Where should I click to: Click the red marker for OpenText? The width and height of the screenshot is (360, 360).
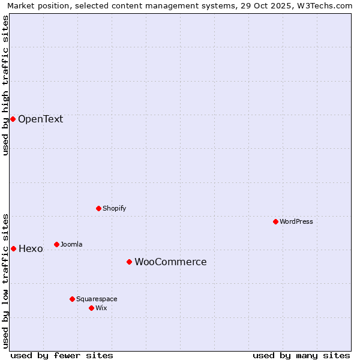[x=13, y=119]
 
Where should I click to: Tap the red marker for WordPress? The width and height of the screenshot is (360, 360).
[x=275, y=221]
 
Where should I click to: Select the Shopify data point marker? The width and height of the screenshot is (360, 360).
[x=98, y=208]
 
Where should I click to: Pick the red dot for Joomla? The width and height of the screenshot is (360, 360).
[x=56, y=244]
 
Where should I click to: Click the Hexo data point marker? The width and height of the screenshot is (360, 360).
[x=13, y=248]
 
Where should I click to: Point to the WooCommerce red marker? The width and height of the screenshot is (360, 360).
[x=129, y=262]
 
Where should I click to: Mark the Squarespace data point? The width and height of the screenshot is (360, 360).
[x=72, y=299]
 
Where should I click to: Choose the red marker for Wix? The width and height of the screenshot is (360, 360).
[x=91, y=308]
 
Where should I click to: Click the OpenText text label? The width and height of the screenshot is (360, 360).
[x=40, y=119]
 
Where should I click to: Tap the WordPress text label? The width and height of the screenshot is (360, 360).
[x=296, y=221]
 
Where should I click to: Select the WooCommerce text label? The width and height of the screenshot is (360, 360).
[x=170, y=262]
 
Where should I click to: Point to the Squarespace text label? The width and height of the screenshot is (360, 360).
[x=97, y=299]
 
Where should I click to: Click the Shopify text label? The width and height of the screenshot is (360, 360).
[x=114, y=208]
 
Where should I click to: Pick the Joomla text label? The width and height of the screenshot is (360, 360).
[x=71, y=244]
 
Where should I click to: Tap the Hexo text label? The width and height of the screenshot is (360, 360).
[x=31, y=248]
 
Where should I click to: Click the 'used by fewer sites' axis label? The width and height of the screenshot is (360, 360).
[x=62, y=355]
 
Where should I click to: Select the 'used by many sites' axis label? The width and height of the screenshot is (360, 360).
[x=301, y=355]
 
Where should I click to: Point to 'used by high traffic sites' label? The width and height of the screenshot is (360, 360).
[x=6, y=85]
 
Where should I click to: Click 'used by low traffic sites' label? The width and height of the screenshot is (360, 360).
[x=6, y=280]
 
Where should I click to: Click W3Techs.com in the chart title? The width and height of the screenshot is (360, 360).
[x=328, y=5]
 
